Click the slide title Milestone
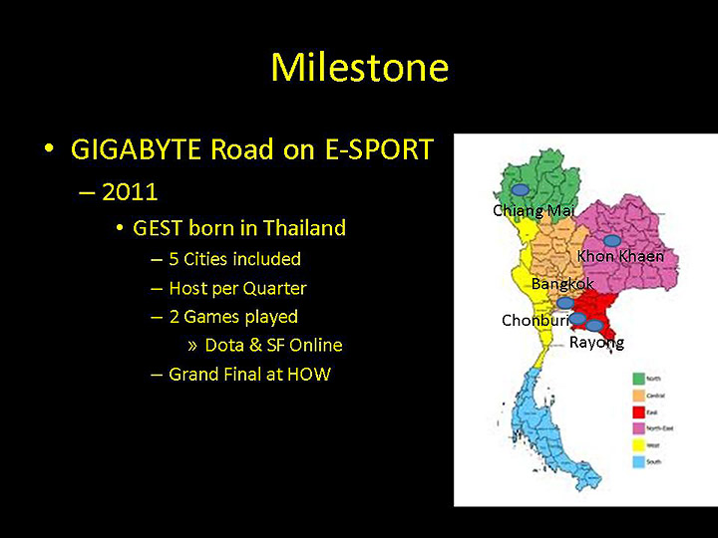pyautogui.click(x=359, y=68)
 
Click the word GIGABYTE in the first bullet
pyautogui.click(x=137, y=149)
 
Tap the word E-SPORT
pyautogui.click(x=378, y=149)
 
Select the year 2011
pyautogui.click(x=130, y=191)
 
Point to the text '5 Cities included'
pyautogui.click(x=234, y=259)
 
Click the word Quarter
pyautogui.click(x=273, y=288)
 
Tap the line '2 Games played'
pyautogui.click(x=233, y=317)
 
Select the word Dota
pyautogui.click(x=225, y=345)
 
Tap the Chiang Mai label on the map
pyautogui.click(x=534, y=210)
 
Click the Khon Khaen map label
pyautogui.click(x=620, y=256)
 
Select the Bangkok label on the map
pyautogui.click(x=562, y=284)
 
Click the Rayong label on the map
pyautogui.click(x=596, y=343)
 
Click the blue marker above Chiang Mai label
pyautogui.click(x=520, y=189)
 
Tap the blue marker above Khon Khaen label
pyautogui.click(x=612, y=240)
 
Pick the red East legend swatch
pyautogui.click(x=640, y=411)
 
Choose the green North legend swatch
pyautogui.click(x=640, y=379)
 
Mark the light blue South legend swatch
pyautogui.click(x=640, y=460)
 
